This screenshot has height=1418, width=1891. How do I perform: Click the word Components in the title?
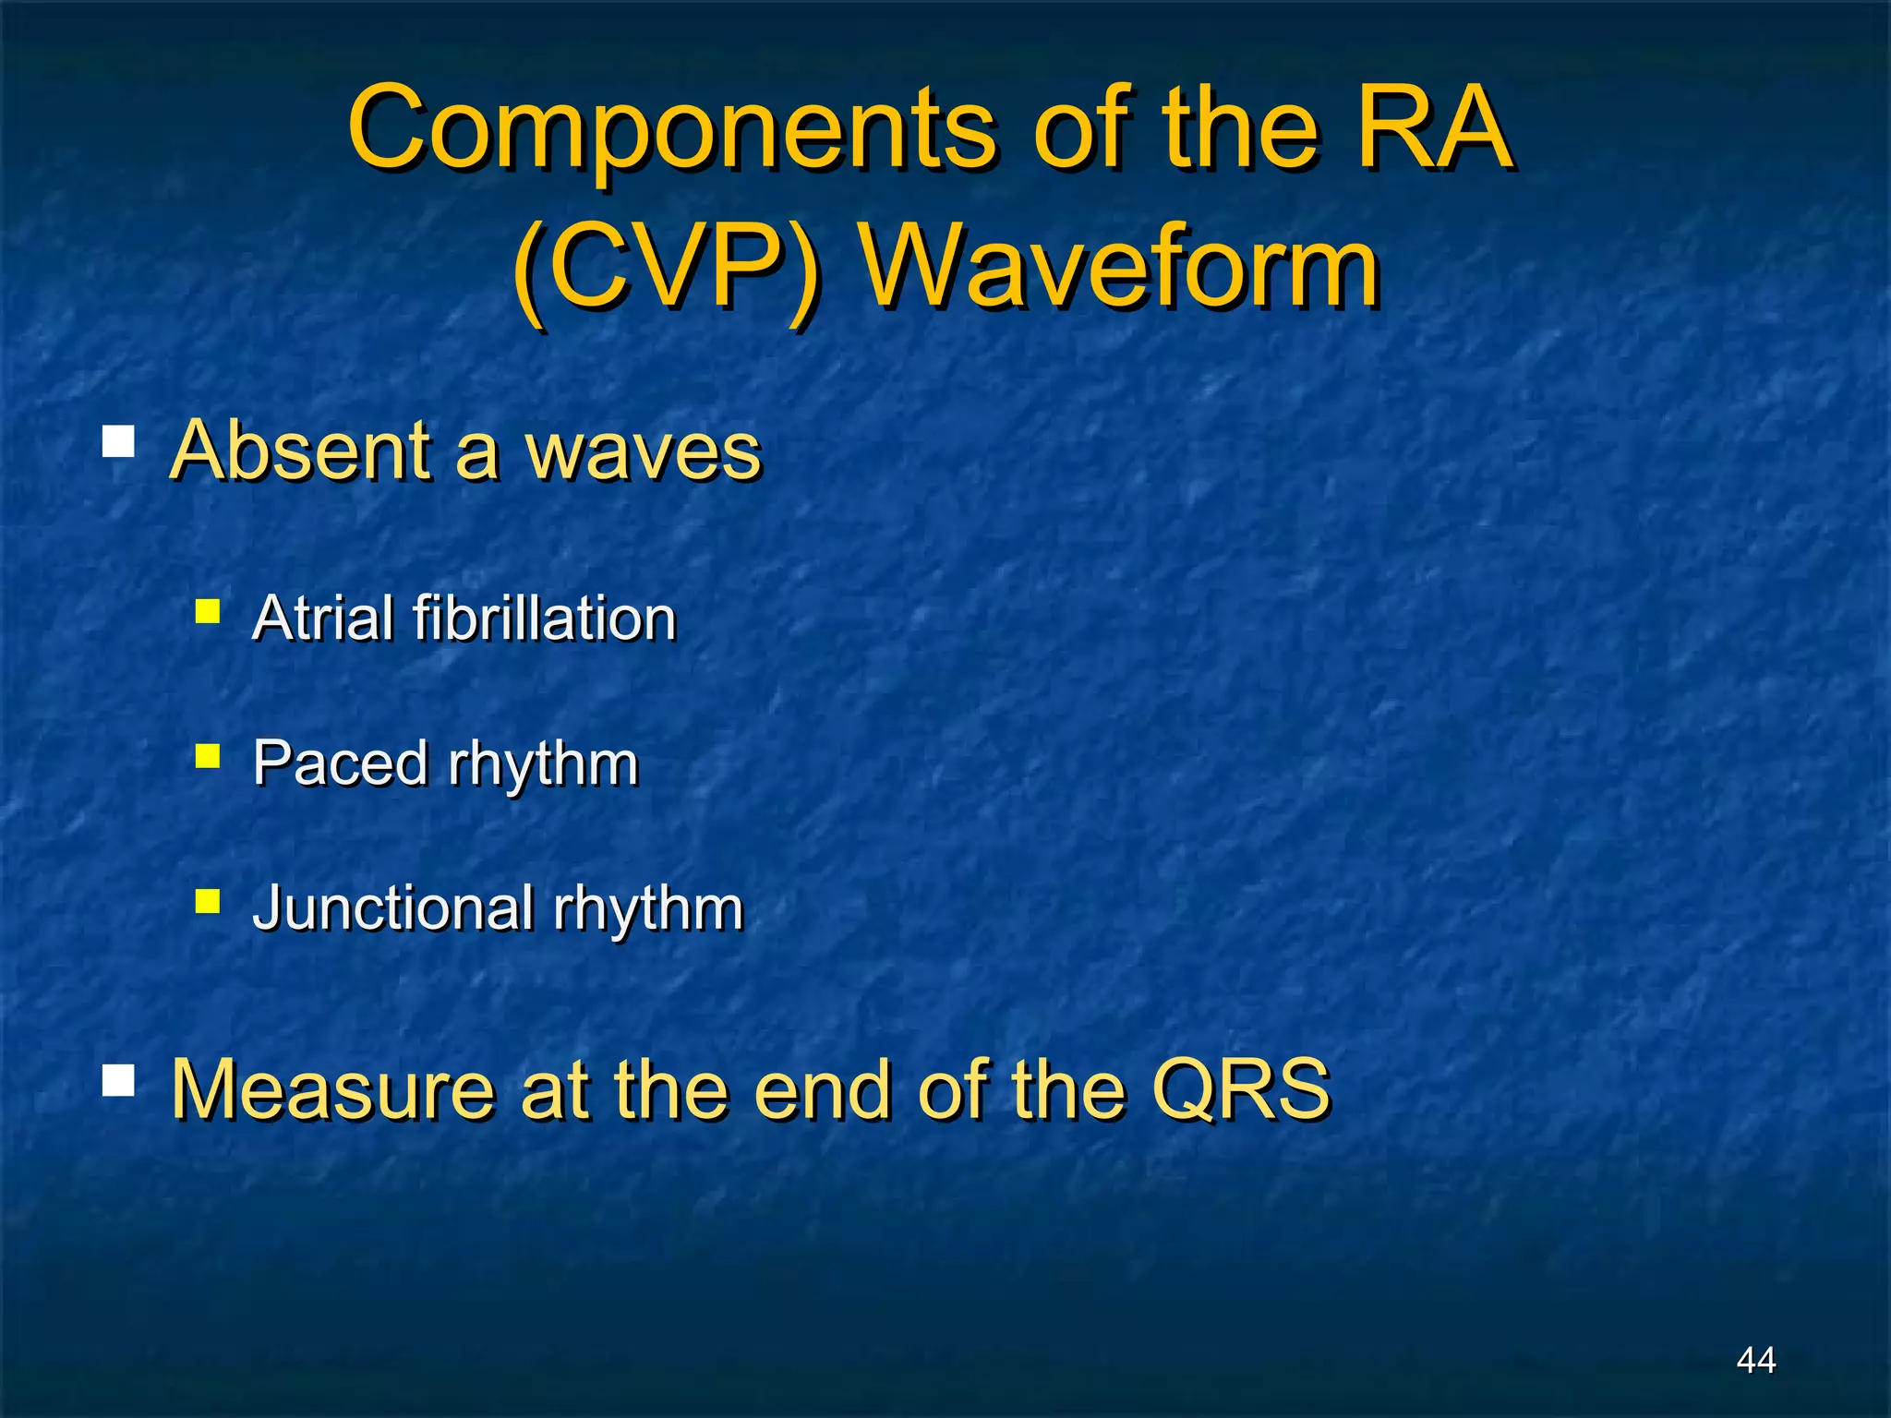[671, 129]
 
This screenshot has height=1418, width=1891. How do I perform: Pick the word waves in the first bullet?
[643, 452]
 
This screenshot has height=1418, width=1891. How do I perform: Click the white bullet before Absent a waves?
[118, 440]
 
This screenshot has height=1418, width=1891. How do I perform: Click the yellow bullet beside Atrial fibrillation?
[208, 611]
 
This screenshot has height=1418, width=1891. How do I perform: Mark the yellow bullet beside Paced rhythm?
[208, 757]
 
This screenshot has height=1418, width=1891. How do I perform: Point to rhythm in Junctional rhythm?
[648, 909]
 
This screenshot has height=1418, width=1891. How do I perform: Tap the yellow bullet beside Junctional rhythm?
[208, 900]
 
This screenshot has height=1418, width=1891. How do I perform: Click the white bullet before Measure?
[118, 1079]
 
